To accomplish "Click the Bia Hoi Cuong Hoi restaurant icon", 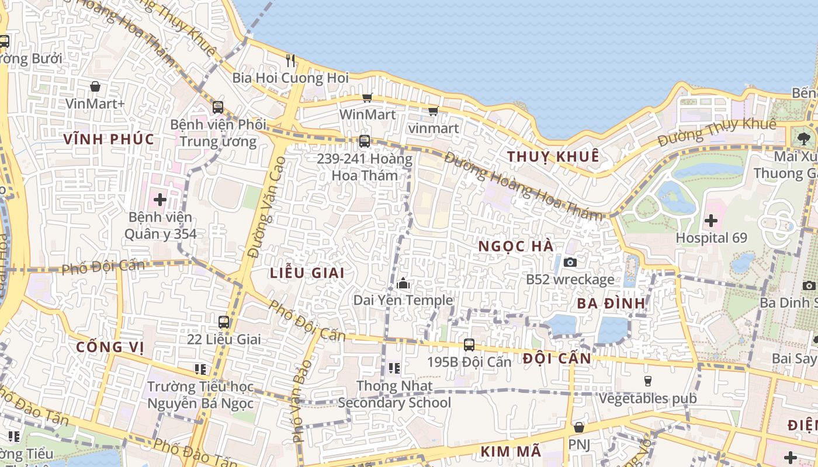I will (x=290, y=60).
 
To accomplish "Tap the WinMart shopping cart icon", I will (x=367, y=97).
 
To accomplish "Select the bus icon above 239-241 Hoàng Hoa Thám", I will (x=364, y=141).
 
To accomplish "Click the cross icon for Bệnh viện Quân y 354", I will (x=160, y=200).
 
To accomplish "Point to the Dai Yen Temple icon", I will (x=403, y=284).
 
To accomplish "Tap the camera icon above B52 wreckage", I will (x=570, y=262).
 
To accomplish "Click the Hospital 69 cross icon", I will (x=710, y=221).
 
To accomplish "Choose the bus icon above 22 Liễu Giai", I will (x=224, y=322).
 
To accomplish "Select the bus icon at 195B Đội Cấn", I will (x=469, y=344).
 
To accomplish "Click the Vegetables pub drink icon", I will (x=647, y=381).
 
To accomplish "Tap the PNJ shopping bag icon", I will (x=578, y=427).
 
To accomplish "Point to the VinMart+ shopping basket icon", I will (x=95, y=87).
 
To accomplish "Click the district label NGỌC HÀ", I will (x=516, y=246).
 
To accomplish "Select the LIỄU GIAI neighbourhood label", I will (x=307, y=273).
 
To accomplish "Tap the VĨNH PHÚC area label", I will (x=109, y=139).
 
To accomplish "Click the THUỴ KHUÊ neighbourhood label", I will (x=553, y=156).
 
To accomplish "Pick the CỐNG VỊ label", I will (x=110, y=347).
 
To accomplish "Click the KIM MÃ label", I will (x=511, y=451).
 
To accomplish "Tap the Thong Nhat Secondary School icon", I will (x=394, y=368).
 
